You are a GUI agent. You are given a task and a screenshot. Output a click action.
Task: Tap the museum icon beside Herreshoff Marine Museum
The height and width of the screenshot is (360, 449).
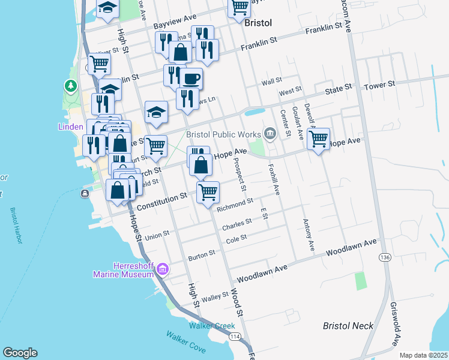click(x=161, y=271)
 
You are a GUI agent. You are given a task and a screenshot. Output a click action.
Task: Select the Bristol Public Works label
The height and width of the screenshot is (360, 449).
click(x=223, y=134)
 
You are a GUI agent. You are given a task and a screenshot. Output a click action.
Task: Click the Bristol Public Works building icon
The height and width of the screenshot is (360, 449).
click(x=270, y=133)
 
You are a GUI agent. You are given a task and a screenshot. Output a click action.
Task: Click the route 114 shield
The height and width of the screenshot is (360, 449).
click(x=235, y=337)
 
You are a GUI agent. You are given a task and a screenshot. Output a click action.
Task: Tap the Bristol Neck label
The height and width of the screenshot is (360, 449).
click(x=348, y=326)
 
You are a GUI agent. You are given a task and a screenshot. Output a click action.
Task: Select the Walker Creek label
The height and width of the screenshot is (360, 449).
click(x=208, y=326)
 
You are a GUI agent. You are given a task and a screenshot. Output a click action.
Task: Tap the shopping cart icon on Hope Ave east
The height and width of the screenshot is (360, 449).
click(x=318, y=139)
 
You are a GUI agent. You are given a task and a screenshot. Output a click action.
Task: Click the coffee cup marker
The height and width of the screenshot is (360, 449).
click(x=191, y=78)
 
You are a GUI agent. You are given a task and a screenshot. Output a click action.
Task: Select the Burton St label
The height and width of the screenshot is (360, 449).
click(x=201, y=256)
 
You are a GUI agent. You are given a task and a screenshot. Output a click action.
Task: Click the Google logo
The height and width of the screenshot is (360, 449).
click(x=20, y=353)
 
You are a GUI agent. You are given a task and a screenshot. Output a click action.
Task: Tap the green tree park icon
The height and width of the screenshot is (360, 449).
click(x=71, y=87)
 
